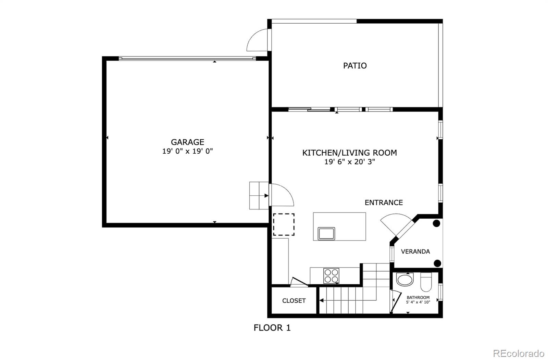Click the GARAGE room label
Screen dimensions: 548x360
coord(187,142)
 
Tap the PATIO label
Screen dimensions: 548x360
coord(355,65)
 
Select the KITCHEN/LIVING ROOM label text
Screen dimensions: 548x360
coord(350,153)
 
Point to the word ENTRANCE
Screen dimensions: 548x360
coord(384,202)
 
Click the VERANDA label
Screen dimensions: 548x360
coord(415,252)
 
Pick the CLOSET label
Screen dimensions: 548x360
coord(294,300)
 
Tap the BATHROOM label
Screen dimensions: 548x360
coord(418,297)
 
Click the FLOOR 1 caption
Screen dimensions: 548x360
coord(272,328)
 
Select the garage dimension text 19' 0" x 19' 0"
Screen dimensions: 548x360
coord(187,151)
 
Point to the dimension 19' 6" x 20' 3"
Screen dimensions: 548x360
coord(350,162)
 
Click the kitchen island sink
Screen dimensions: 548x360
coord(326,234)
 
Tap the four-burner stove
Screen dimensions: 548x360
coord(331,276)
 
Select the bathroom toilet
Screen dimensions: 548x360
coord(426,282)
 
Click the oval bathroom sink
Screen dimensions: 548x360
coord(405,280)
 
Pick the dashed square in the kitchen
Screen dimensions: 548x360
coord(284,224)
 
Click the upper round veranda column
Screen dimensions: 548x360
coord(436,223)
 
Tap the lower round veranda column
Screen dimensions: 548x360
coord(437,263)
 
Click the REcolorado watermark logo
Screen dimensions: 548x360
coord(519,353)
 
